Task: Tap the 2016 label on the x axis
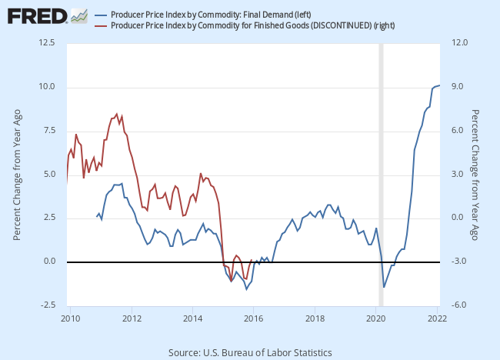(x=254, y=318)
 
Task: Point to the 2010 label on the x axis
(x=71, y=318)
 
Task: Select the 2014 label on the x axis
(x=193, y=318)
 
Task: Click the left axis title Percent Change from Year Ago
(x=17, y=175)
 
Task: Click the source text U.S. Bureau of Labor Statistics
(x=250, y=352)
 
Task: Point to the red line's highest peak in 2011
(x=117, y=113)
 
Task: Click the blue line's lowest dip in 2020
(x=384, y=288)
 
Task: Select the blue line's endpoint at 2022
(x=439, y=85)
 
